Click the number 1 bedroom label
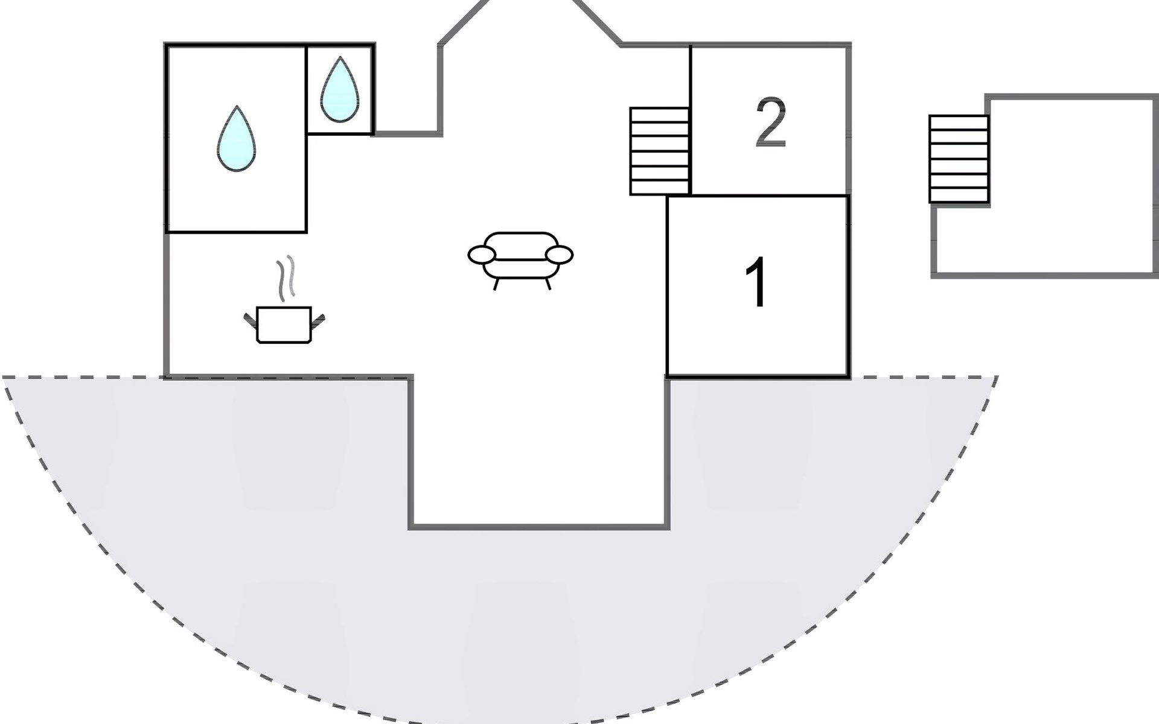click(757, 282)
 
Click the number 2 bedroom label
click(771, 122)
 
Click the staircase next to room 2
click(660, 151)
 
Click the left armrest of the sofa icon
click(482, 255)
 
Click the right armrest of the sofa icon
click(559, 255)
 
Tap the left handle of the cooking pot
click(251, 320)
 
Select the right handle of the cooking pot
click(318, 320)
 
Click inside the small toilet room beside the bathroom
click(340, 89)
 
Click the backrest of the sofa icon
click(520, 246)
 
